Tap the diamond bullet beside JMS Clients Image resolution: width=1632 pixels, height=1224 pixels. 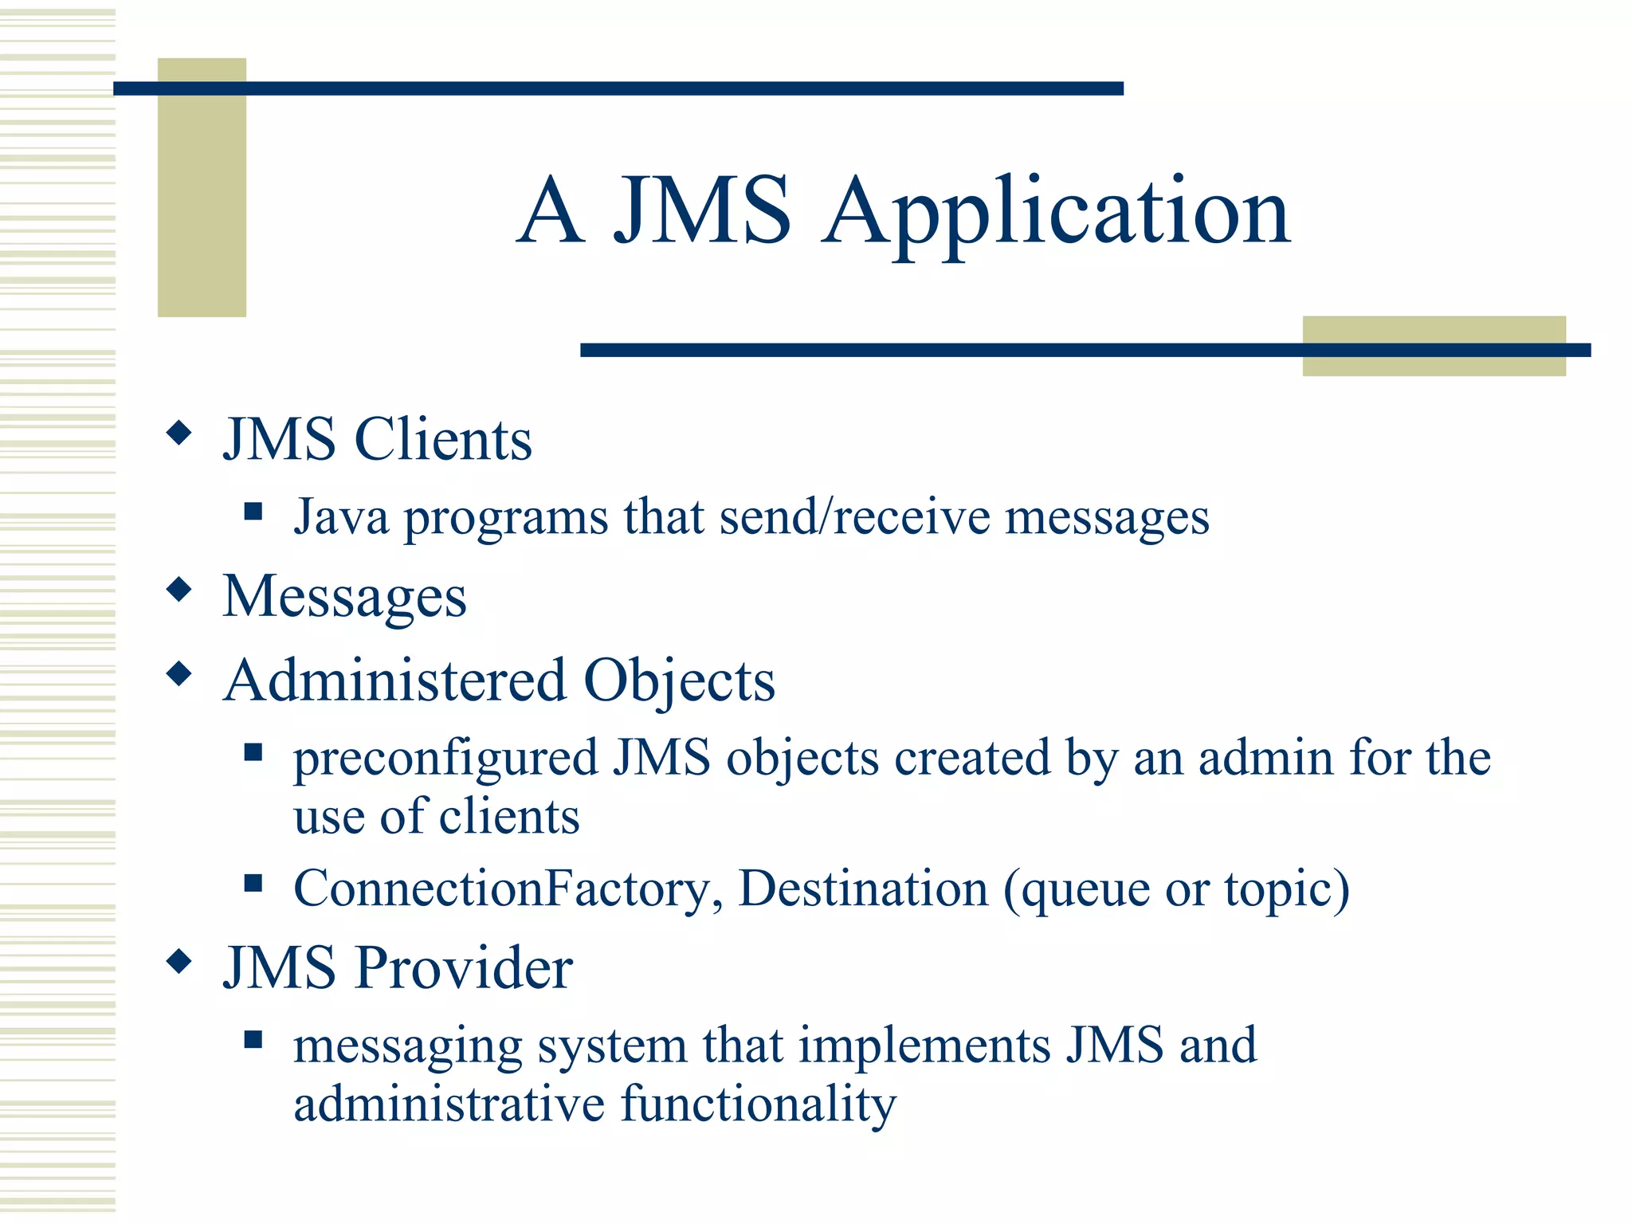(180, 433)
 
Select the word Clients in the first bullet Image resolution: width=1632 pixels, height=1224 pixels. (442, 440)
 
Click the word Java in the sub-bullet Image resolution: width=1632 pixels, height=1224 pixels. (341, 518)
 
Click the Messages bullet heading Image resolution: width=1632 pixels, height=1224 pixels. (344, 598)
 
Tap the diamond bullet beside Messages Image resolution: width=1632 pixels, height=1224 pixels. (180, 590)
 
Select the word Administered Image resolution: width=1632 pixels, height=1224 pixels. (394, 681)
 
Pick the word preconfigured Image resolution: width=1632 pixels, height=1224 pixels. (445, 759)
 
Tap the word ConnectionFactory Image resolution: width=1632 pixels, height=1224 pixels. (501, 889)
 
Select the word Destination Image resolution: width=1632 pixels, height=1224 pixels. (863, 889)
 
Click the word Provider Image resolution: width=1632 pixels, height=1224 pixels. (464, 968)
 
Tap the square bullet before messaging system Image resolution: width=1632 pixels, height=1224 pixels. (253, 1039)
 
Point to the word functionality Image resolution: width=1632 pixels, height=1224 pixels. (758, 1106)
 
